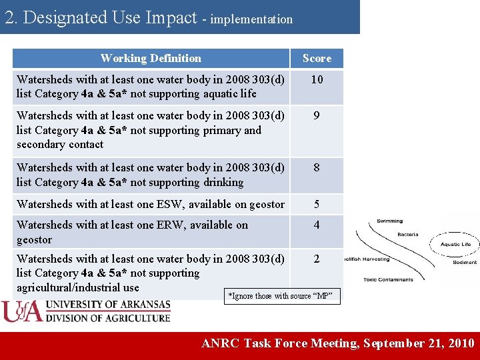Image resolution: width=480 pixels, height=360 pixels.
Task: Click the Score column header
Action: pyautogui.click(x=317, y=59)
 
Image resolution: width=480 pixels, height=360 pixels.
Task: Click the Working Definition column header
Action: pyautogui.click(x=151, y=59)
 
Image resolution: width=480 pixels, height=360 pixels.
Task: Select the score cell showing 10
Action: pyautogui.click(x=317, y=79)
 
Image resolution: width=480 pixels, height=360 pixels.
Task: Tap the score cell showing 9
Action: pyautogui.click(x=317, y=115)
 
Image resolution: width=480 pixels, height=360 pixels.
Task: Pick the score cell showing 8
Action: pyautogui.click(x=317, y=168)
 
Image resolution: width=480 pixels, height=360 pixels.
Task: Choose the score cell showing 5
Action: pyautogui.click(x=317, y=205)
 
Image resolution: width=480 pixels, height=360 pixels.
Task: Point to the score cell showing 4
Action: pyautogui.click(x=317, y=225)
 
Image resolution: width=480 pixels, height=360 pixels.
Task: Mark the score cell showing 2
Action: pyautogui.click(x=317, y=259)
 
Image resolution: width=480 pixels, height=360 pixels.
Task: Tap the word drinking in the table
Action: pyautogui.click(x=223, y=183)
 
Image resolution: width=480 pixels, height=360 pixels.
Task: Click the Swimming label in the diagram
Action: pyautogui.click(x=389, y=221)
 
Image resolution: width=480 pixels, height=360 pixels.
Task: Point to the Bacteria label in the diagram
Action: pyautogui.click(x=407, y=235)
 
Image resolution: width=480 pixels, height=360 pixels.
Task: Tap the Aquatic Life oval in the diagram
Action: pyautogui.click(x=455, y=244)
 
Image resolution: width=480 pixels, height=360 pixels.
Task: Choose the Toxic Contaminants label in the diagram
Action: pyautogui.click(x=388, y=279)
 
